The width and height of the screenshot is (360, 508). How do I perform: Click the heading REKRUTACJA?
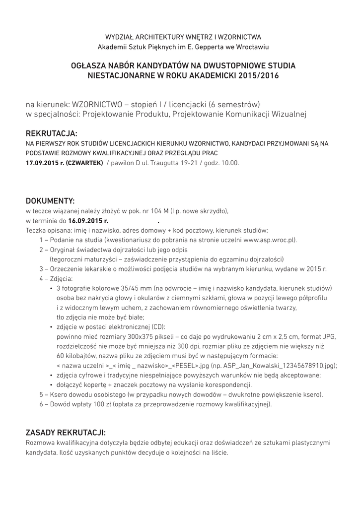(x=52, y=134)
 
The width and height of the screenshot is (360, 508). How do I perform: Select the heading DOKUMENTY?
(x=50, y=201)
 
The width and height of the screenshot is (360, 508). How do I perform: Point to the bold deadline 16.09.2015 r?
(x=88, y=221)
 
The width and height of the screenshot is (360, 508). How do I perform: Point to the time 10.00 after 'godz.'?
(x=230, y=163)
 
